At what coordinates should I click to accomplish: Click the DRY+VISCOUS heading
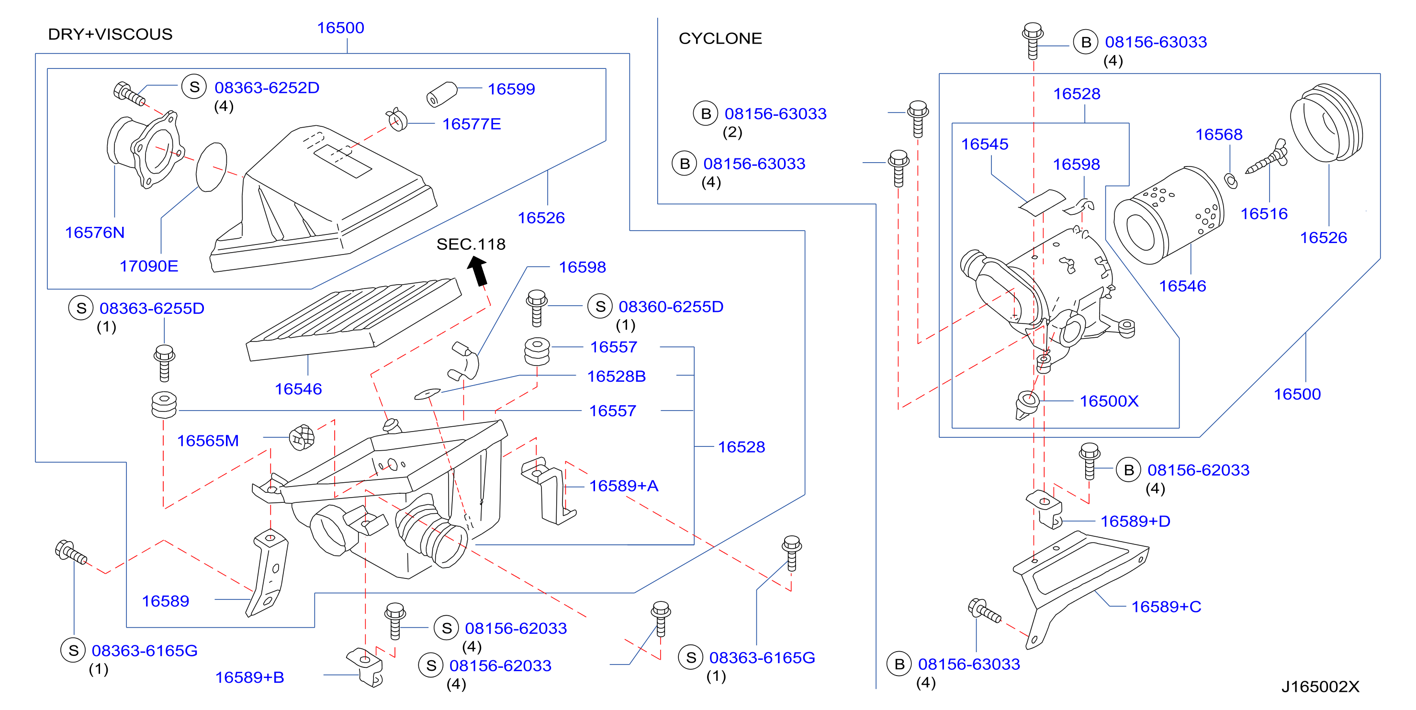coord(110,34)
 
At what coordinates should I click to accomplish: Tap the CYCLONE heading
coord(720,38)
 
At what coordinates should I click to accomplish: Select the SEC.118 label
coord(471,244)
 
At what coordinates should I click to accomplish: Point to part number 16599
coord(511,89)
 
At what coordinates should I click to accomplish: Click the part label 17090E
coord(149,266)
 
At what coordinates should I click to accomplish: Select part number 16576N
coord(95,233)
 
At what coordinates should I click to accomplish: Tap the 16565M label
coord(208,441)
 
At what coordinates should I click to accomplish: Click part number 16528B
coord(616,377)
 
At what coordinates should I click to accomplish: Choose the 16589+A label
coord(623,486)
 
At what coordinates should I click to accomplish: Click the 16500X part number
coord(1109,401)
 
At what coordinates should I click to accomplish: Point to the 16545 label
coord(985,144)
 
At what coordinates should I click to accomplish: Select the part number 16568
coord(1219,134)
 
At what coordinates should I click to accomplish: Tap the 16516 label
coord(1264,214)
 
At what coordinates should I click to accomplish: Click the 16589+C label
coord(1166,607)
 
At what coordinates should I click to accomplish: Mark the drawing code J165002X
coord(1320,687)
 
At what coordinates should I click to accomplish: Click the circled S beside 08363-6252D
coord(194,87)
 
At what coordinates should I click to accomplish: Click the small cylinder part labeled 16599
coord(441,95)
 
